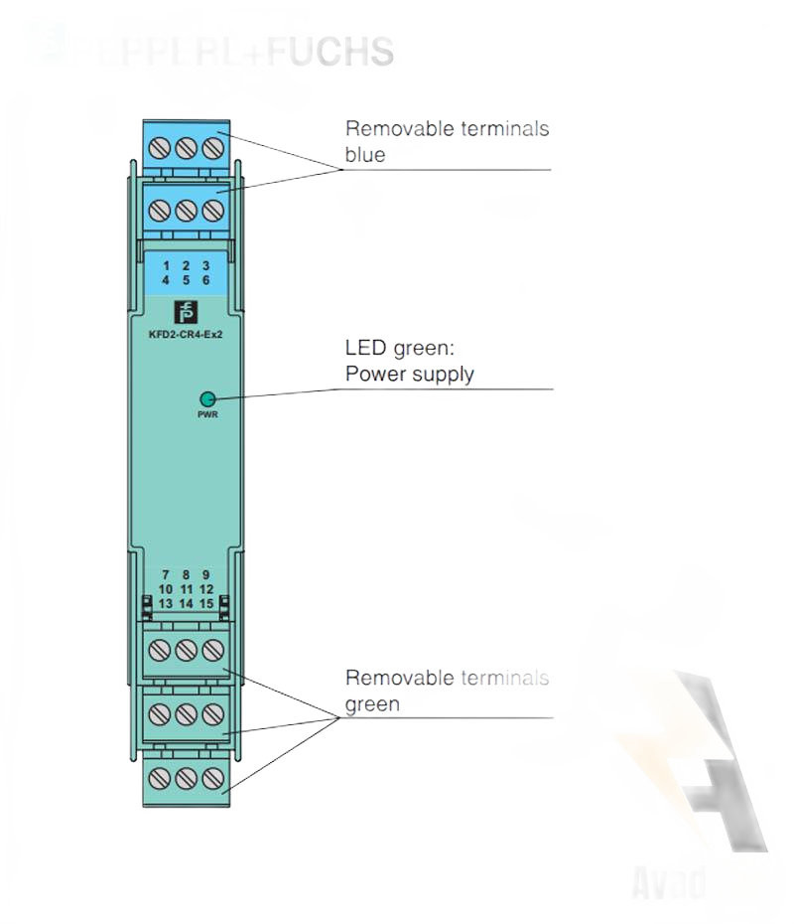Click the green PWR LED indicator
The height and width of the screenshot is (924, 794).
(207, 397)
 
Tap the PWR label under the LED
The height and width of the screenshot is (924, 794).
(207, 413)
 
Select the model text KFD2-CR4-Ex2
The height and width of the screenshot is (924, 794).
(186, 334)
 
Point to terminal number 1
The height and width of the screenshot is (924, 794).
(166, 265)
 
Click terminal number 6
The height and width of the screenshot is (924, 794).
(205, 280)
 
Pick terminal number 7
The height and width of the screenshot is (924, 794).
(166, 575)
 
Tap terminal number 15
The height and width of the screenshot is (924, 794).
(205, 603)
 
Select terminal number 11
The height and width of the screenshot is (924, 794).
(186, 589)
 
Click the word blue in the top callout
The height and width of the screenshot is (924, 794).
(364, 155)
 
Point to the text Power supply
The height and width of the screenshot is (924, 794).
(409, 375)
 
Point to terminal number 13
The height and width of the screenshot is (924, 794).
(166, 603)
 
